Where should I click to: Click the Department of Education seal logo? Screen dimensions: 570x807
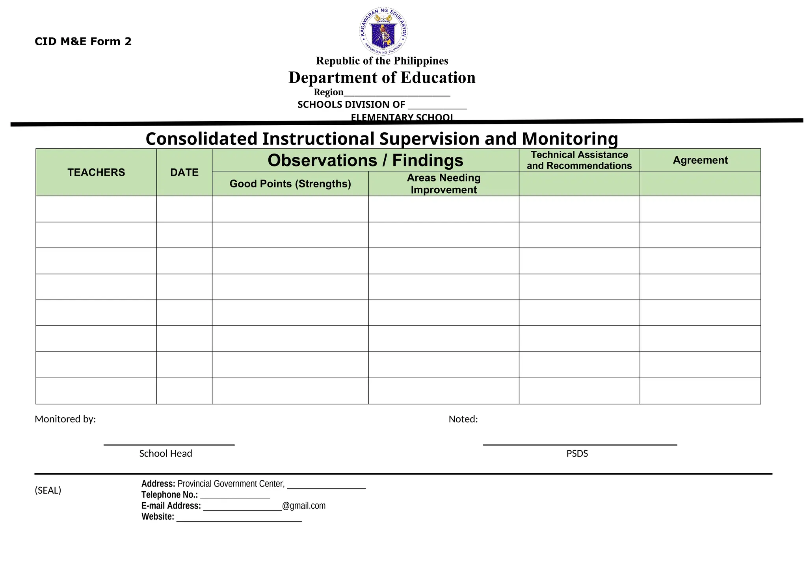tap(383, 31)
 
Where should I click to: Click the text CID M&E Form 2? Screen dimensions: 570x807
tap(83, 41)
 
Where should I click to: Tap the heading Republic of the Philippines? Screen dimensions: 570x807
tap(382, 61)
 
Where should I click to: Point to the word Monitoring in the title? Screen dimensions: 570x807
tap(569, 139)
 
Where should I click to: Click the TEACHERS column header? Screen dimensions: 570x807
tap(96, 172)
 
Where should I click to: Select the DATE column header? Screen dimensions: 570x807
tap(184, 172)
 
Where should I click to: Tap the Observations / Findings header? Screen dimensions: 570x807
tap(365, 161)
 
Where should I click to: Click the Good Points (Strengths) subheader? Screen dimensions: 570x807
tap(290, 184)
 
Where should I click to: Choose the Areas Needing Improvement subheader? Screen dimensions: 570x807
tap(444, 184)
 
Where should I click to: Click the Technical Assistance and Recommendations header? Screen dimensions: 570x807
tap(579, 160)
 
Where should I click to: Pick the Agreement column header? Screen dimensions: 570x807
tap(700, 160)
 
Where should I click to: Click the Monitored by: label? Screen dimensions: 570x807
tap(65, 419)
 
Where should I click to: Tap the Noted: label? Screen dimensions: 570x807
tap(463, 419)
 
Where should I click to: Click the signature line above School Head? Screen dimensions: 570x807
tap(169, 444)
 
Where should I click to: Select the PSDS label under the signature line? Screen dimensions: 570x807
tap(577, 454)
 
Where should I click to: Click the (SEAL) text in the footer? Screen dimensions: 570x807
tap(48, 490)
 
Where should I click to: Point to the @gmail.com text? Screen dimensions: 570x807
tap(304, 506)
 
